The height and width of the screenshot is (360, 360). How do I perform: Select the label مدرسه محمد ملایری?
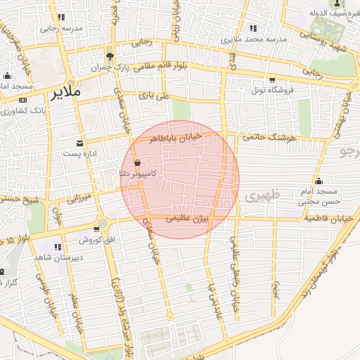[259, 39]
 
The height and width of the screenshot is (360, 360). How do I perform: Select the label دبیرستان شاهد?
[57, 257]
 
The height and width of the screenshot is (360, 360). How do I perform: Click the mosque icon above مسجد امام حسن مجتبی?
[319, 181]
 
